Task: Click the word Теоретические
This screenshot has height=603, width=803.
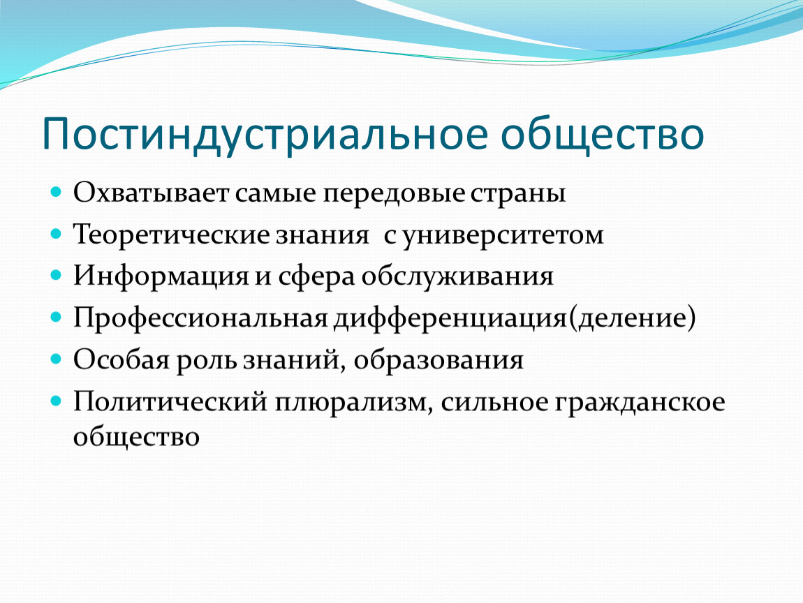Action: [x=172, y=235]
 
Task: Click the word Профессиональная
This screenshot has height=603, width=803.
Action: [x=200, y=318]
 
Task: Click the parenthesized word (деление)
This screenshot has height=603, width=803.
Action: [x=631, y=318]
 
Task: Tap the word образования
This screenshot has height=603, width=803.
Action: [x=439, y=360]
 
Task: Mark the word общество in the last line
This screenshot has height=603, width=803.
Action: [x=136, y=437]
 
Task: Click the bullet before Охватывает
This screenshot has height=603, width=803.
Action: [x=56, y=193]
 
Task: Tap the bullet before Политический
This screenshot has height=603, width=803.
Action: [x=56, y=401]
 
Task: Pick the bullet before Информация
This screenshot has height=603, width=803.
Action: [x=56, y=276]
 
